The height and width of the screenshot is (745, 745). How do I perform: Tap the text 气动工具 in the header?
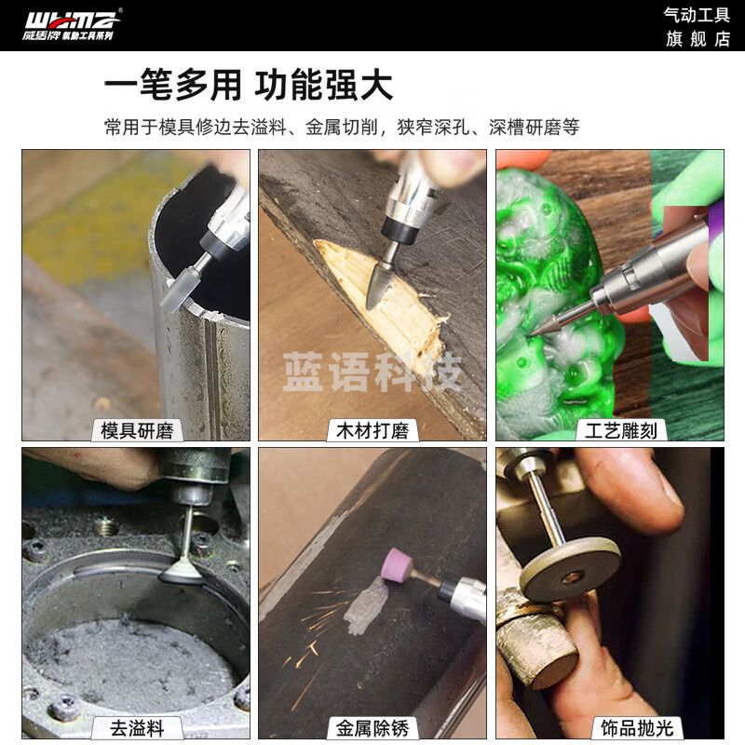[697, 15]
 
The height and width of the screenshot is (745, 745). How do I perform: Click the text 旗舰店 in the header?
[697, 38]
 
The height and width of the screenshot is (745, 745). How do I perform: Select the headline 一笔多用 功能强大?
[248, 85]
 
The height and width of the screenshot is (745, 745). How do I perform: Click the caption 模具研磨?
[137, 430]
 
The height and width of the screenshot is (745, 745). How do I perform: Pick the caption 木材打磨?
[372, 430]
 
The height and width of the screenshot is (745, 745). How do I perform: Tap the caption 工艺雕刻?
[610, 430]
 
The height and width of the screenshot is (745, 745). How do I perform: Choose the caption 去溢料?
[137, 727]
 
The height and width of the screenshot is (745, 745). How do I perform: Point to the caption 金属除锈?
[372, 727]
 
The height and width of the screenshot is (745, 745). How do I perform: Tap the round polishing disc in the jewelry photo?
[569, 568]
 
